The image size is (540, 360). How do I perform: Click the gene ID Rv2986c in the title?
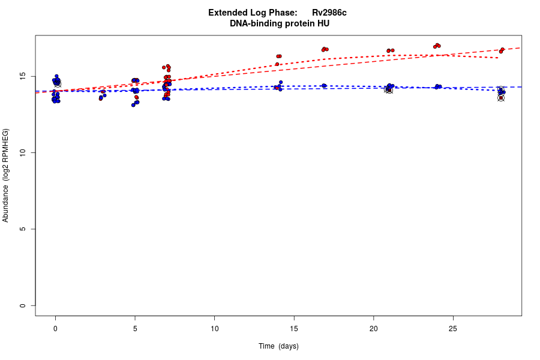[329, 13]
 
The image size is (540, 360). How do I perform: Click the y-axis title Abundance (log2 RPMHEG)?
[6, 175]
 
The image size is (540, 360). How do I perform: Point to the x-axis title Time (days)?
[278, 346]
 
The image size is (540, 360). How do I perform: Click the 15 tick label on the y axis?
[23, 77]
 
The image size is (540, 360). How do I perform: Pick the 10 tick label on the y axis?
[23, 153]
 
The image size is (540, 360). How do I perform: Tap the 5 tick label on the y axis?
[23, 229]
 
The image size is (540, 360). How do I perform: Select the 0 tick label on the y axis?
[23, 305]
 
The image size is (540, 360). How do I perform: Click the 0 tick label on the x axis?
[55, 328]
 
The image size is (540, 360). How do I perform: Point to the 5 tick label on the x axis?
[135, 328]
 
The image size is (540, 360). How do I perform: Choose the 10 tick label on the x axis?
[214, 328]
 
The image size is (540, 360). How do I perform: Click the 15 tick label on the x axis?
[294, 328]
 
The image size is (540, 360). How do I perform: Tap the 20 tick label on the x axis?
[373, 328]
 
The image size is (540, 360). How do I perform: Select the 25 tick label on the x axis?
[453, 328]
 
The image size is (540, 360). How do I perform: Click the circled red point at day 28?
[501, 98]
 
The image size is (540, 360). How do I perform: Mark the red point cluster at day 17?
[325, 49]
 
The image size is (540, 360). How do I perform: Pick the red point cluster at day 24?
[437, 46]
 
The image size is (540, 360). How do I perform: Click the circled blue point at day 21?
[389, 89]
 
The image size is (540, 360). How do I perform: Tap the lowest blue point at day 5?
[133, 105]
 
